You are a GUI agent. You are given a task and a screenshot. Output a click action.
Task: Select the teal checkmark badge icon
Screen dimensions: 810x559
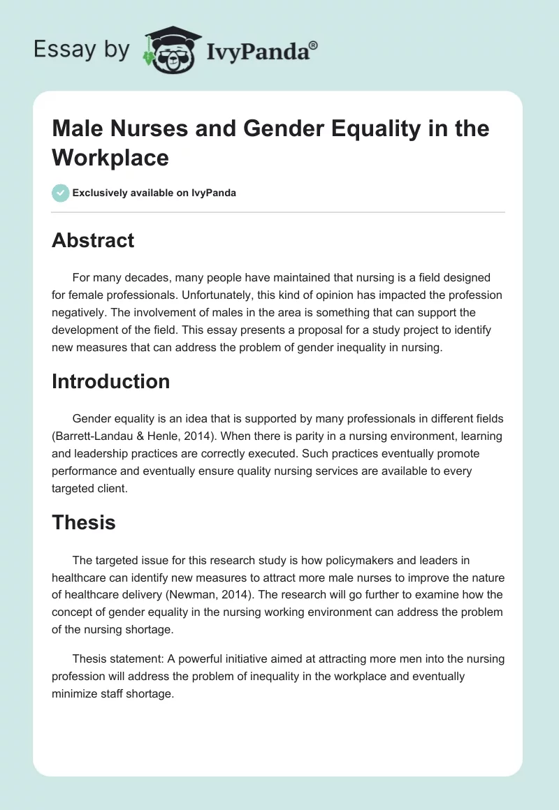tap(61, 193)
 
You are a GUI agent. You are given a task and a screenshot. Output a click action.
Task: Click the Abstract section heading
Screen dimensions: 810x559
tap(93, 240)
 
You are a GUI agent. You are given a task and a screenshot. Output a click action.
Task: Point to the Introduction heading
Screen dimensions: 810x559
tap(110, 381)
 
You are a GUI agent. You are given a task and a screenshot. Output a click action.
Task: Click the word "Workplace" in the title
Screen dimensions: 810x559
tap(110, 157)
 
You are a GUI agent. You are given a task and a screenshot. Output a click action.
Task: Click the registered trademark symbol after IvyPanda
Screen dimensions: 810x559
tap(314, 44)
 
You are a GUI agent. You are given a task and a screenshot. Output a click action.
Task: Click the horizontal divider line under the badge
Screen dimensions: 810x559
tap(278, 212)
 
